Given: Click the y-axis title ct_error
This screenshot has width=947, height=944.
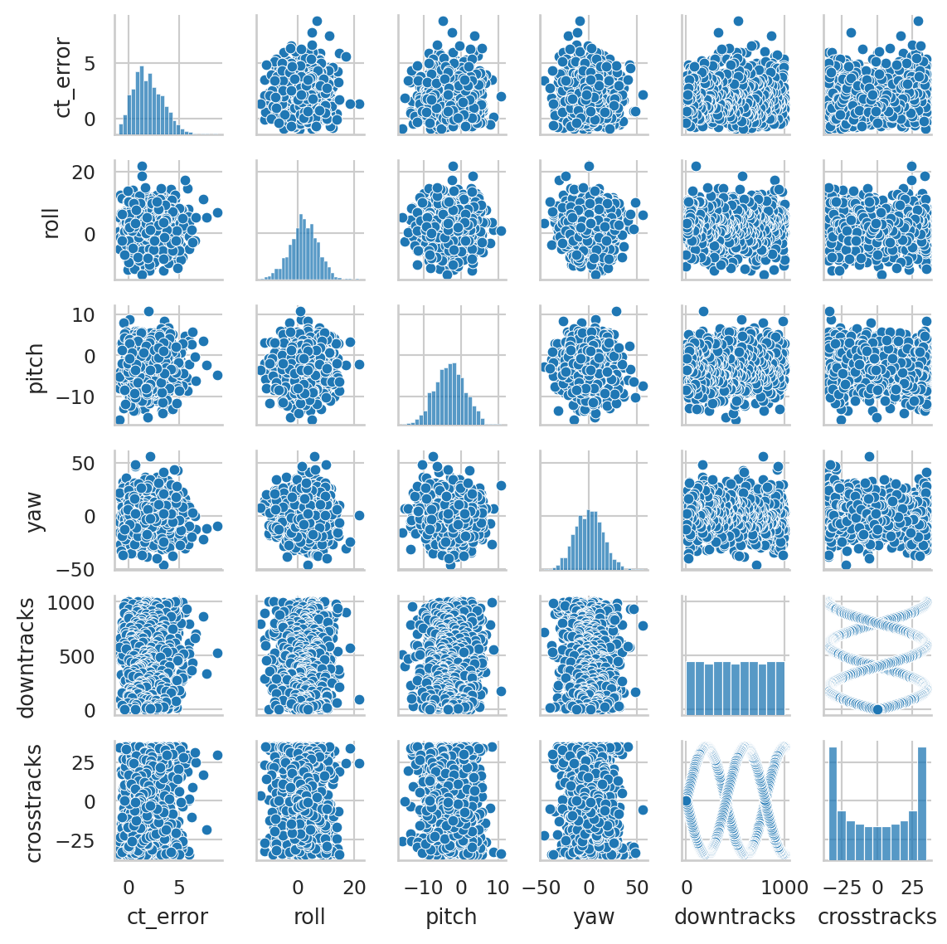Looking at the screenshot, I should [63, 77].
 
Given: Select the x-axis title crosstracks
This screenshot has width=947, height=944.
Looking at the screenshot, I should [877, 917].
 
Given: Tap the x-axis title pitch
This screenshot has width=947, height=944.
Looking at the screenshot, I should [451, 917].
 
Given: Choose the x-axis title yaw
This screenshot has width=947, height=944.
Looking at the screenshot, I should [594, 917].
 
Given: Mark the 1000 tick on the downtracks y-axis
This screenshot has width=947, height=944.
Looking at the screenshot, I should [85, 602].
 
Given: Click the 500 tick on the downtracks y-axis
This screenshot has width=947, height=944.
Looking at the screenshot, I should [92, 656].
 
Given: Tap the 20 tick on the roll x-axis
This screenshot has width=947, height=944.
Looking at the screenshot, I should [354, 887].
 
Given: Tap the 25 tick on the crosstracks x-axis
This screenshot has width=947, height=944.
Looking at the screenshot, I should [912, 887].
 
